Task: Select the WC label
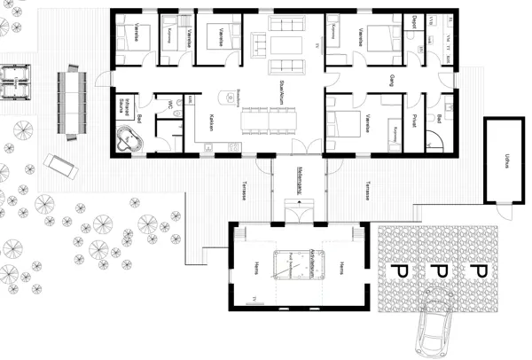tap(168, 105)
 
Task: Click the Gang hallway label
tap(391, 82)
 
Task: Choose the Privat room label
tap(414, 122)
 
